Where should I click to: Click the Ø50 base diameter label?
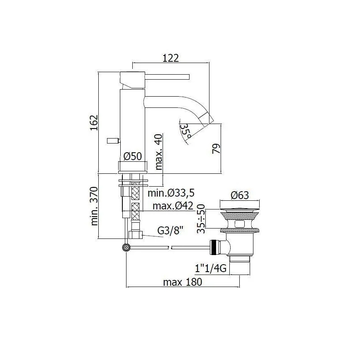(133, 156)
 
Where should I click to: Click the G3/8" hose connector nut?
(136, 235)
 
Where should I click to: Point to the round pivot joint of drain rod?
(126, 248)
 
